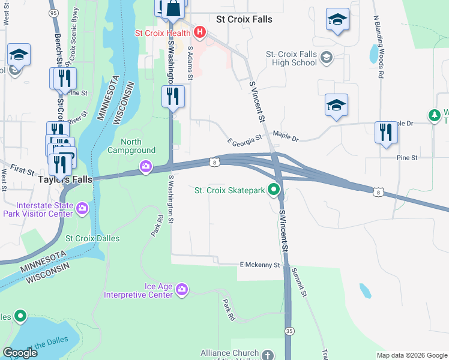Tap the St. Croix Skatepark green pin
coord(274,191)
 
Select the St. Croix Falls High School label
coord(292,58)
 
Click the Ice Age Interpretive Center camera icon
coord(182,291)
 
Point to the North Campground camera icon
coord(145,167)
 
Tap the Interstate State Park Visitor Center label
coord(38,209)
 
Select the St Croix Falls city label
coord(244,19)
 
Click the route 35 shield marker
coord(291,331)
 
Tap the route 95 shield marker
coord(54,12)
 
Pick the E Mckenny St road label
coord(260,265)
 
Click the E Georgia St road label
coord(245,140)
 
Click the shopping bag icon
coord(173,9)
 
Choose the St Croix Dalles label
coord(92,238)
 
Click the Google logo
coord(20,353)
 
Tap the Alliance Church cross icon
coord(268,355)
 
